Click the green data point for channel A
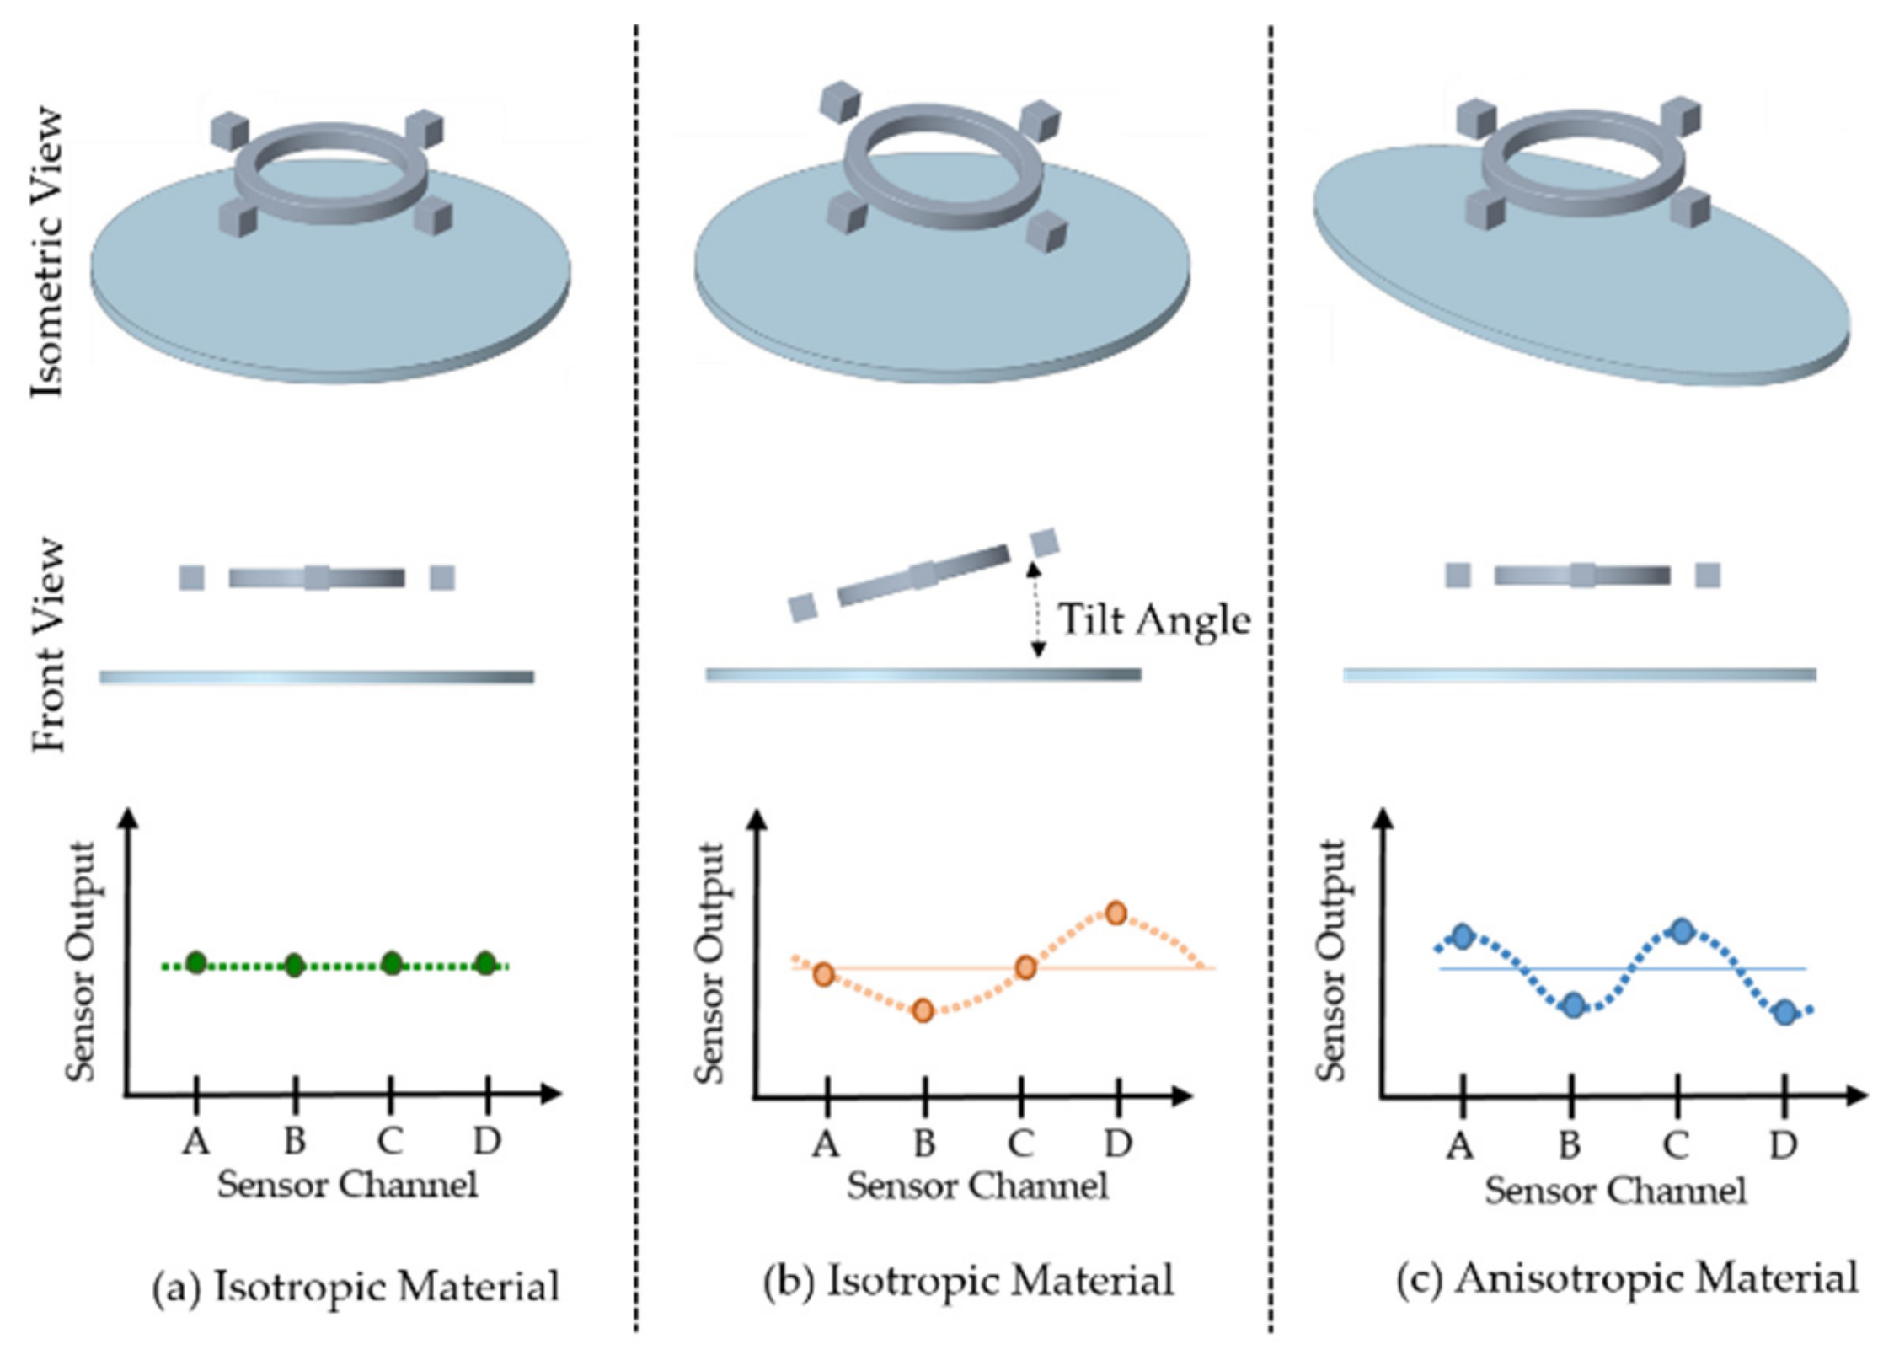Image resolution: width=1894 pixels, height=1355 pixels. coord(195,962)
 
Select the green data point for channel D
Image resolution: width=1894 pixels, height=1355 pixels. coord(485,962)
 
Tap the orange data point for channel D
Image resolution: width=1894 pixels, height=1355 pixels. coord(1116,913)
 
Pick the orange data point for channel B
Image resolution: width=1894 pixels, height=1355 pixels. coord(923,1010)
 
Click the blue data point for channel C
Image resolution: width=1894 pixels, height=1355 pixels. coord(1682,931)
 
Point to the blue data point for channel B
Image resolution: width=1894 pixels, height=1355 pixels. coord(1572,1004)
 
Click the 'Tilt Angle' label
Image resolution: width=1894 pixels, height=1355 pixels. coord(1153,620)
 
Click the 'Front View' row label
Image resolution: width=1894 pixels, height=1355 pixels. coord(47,645)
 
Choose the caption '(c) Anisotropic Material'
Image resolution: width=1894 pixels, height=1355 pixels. coord(1627,1278)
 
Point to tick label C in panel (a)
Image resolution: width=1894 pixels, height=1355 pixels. coord(389,1141)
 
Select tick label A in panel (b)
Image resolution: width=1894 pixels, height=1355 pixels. coord(826,1143)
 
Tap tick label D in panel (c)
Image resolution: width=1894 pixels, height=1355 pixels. coord(1783,1145)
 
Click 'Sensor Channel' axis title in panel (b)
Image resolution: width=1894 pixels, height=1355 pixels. coord(977,1186)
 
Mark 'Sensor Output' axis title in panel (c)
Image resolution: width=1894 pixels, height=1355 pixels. coord(1331,961)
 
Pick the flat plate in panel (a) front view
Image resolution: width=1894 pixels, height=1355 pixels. coord(317,677)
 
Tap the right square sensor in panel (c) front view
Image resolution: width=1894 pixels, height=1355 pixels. coord(1708,576)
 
